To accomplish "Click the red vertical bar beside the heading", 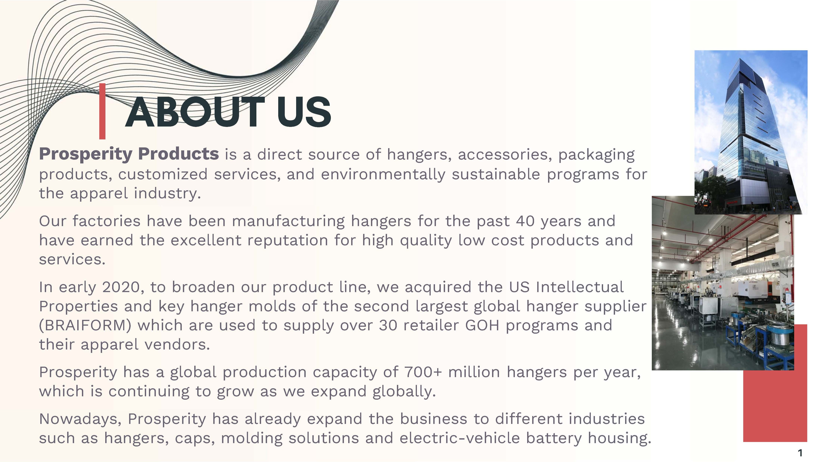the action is (x=102, y=111).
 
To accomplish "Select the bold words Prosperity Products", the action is (x=129, y=154).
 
